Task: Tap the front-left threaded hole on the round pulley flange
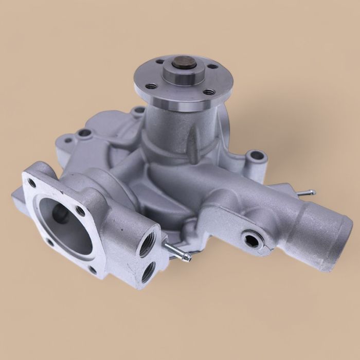point(151,86)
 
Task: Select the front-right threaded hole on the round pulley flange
point(208,92)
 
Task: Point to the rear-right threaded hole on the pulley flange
point(212,66)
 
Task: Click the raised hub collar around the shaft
point(181,75)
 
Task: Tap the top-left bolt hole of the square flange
point(32,183)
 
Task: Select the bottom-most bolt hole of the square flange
point(92,269)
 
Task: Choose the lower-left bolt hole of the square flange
point(49,241)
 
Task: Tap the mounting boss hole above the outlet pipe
point(254,155)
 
